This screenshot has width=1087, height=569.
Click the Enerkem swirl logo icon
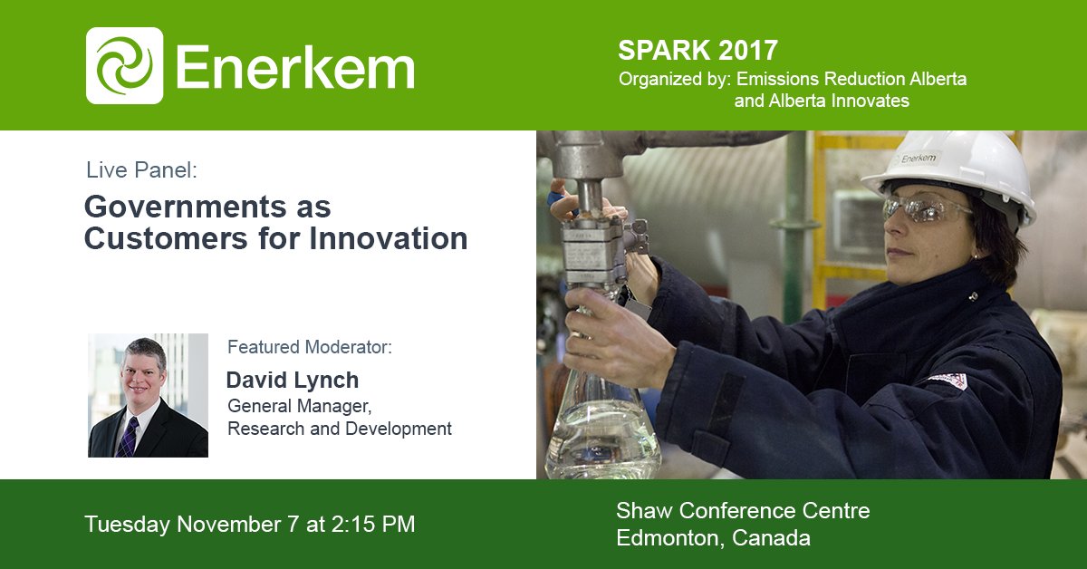point(124,65)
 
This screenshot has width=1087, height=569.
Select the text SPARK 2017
point(697,49)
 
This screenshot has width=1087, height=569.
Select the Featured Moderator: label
point(310,347)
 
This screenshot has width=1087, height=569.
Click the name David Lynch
point(292,380)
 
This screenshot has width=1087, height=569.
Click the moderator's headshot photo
point(148,395)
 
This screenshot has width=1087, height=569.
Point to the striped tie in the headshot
point(129,436)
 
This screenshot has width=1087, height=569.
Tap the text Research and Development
point(339,429)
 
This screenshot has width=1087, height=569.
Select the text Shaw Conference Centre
point(743,511)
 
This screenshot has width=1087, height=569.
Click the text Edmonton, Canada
point(713,538)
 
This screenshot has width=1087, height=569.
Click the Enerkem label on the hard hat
point(918,158)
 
